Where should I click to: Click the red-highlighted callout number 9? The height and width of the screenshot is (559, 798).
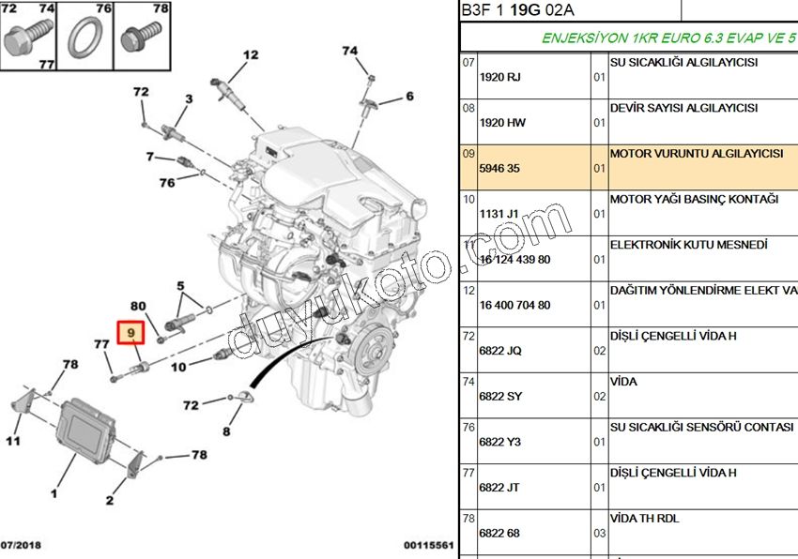(131, 333)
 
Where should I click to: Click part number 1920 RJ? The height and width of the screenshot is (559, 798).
(499, 78)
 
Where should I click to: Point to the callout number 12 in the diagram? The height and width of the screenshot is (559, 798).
(250, 55)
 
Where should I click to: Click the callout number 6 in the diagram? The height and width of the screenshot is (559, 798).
(409, 96)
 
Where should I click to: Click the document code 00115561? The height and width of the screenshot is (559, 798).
(429, 545)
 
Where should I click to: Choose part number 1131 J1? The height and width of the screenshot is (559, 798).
(499, 214)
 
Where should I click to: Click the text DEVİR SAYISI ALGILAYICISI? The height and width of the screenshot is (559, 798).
(683, 108)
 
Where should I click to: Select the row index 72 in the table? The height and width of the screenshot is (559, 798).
(468, 335)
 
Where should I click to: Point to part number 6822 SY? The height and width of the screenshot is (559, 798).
(499, 397)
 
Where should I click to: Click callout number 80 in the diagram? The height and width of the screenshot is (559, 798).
(138, 306)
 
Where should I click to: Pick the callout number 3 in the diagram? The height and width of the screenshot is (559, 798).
(188, 98)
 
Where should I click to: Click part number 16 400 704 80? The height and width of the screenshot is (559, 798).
(514, 305)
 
